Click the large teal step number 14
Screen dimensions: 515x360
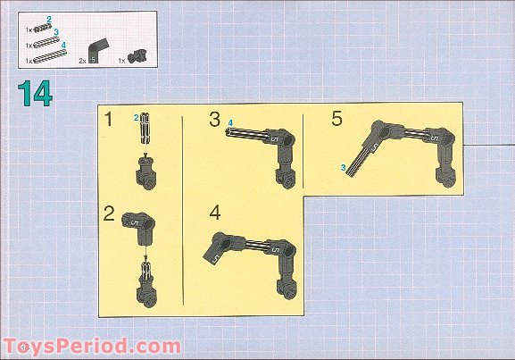click(x=35, y=94)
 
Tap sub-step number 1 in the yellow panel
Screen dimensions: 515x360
click(x=108, y=119)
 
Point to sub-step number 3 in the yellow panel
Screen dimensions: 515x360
click(x=214, y=119)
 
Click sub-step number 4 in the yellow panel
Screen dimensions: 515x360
click(x=215, y=213)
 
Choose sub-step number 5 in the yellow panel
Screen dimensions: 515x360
click(x=336, y=118)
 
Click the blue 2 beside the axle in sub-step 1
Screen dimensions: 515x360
click(x=137, y=118)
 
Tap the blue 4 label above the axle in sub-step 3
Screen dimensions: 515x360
click(x=230, y=123)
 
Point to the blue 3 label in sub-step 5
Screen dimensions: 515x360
click(x=344, y=168)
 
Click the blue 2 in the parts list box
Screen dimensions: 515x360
click(x=49, y=20)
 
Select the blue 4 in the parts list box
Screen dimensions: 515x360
click(x=63, y=45)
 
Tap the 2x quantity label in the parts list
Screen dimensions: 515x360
click(x=82, y=61)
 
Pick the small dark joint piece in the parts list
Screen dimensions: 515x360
click(x=137, y=56)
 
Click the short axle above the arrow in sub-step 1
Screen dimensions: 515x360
click(x=145, y=129)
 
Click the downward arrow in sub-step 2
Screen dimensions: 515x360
click(x=145, y=254)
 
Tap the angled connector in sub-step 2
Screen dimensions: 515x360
click(x=140, y=227)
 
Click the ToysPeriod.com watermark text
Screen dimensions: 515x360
click(x=92, y=347)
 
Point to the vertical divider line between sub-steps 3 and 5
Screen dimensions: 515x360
click(x=303, y=151)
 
